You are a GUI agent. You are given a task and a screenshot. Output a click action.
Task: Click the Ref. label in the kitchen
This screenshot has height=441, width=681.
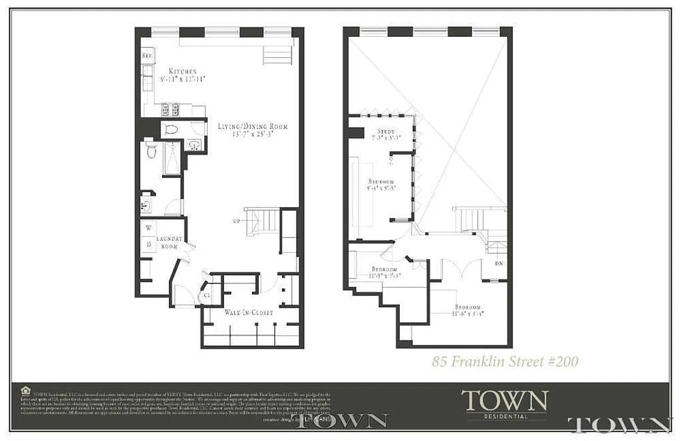[x=147, y=55]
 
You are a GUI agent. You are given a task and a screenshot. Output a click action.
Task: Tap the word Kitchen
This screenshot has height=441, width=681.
[x=182, y=71]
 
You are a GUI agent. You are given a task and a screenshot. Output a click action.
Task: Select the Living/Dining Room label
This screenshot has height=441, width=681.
[x=253, y=126]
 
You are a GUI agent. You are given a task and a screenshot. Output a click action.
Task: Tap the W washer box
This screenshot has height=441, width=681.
[x=148, y=228]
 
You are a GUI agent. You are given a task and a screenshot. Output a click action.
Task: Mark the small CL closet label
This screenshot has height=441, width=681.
[x=207, y=295]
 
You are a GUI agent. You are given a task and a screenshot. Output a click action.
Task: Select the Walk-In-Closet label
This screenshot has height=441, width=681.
[x=248, y=312]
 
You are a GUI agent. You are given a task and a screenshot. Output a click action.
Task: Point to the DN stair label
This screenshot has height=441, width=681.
[x=499, y=263]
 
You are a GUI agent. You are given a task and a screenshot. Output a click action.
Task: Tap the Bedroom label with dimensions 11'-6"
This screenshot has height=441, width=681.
[x=467, y=307]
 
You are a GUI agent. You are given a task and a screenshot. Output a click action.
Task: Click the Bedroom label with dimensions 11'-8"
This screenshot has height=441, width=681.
[x=385, y=269]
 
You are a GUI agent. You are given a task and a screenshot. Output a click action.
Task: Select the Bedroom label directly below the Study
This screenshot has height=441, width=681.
[x=381, y=181]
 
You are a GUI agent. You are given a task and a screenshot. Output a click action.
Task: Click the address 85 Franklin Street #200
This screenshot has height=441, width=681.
[x=505, y=362]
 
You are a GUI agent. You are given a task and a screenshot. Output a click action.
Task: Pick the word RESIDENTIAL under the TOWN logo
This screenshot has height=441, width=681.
[x=505, y=416]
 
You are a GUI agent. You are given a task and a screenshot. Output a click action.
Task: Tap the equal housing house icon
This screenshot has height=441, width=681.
[x=25, y=390]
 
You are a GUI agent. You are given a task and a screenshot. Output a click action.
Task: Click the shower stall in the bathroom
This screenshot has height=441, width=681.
[x=172, y=159]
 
